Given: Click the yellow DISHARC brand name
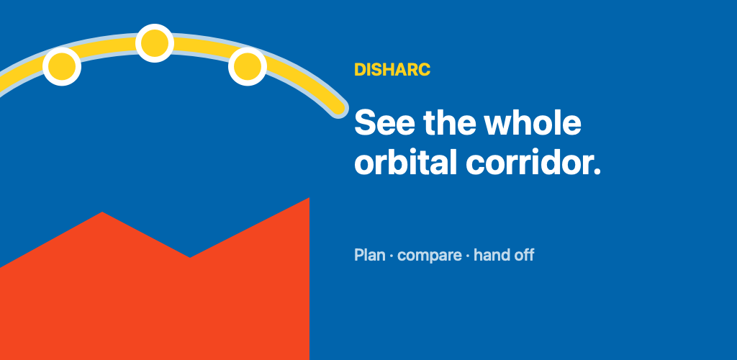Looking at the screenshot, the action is pos(392,70).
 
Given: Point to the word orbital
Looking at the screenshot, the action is pos(406,163).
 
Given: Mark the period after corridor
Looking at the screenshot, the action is pos(596,171).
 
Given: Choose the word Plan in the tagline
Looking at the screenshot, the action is pos(370,255).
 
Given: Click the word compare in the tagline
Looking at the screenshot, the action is pos(430,256).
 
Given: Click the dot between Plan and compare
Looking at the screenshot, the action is pos(392,256).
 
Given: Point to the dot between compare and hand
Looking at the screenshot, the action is pos(468,256).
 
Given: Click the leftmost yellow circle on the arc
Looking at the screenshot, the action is pos(62,66).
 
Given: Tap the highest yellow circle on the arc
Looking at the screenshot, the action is pos(155,43).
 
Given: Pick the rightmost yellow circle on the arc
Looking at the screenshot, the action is pos(248,66).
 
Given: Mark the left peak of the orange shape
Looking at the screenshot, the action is pos(102,212).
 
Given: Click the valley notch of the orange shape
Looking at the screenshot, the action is pos(190,257).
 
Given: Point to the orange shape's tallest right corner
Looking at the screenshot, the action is pos(309,198).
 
